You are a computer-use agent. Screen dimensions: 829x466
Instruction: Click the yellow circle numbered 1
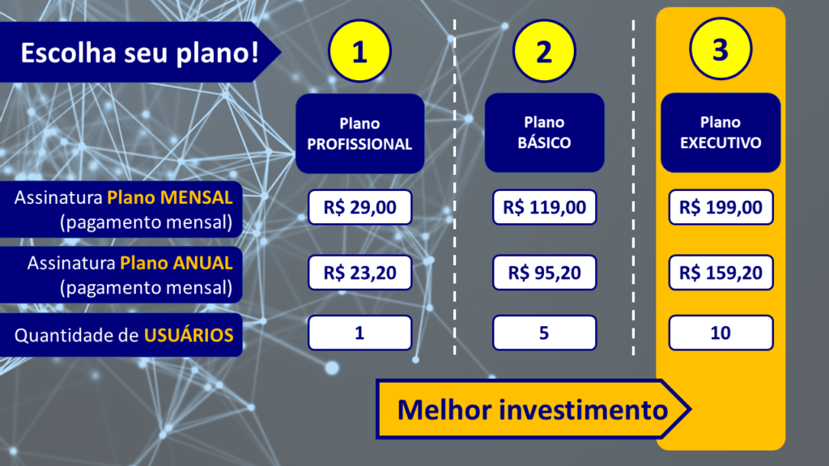(x=359, y=51)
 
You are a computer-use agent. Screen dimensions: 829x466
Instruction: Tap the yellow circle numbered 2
(x=544, y=51)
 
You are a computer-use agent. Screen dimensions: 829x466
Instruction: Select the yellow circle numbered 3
(x=721, y=49)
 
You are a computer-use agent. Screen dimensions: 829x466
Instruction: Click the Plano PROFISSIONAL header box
(x=360, y=133)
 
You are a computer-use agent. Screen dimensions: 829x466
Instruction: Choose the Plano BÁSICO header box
(x=545, y=133)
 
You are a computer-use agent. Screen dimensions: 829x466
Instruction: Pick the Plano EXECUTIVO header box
(x=721, y=133)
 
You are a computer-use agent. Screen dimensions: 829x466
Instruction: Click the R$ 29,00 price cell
(x=360, y=207)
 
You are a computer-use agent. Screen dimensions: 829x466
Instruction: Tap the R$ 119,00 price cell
(x=545, y=207)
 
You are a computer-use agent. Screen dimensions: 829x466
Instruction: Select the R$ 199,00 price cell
(x=721, y=207)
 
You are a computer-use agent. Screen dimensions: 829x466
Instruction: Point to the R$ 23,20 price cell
(x=360, y=273)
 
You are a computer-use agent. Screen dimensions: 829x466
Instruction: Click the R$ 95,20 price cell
(x=545, y=273)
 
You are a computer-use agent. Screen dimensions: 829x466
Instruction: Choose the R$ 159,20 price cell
(x=721, y=273)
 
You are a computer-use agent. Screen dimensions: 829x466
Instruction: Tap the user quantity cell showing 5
(x=545, y=333)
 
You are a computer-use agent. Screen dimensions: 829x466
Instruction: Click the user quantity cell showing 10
(x=721, y=333)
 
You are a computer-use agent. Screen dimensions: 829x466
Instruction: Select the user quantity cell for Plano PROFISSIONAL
(x=360, y=333)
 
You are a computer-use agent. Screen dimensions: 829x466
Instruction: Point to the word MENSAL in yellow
(x=197, y=197)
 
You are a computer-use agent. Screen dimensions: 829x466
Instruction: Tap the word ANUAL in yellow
(x=203, y=263)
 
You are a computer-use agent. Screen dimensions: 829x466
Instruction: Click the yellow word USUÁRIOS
(x=189, y=335)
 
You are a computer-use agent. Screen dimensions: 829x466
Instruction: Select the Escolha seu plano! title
(x=139, y=53)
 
